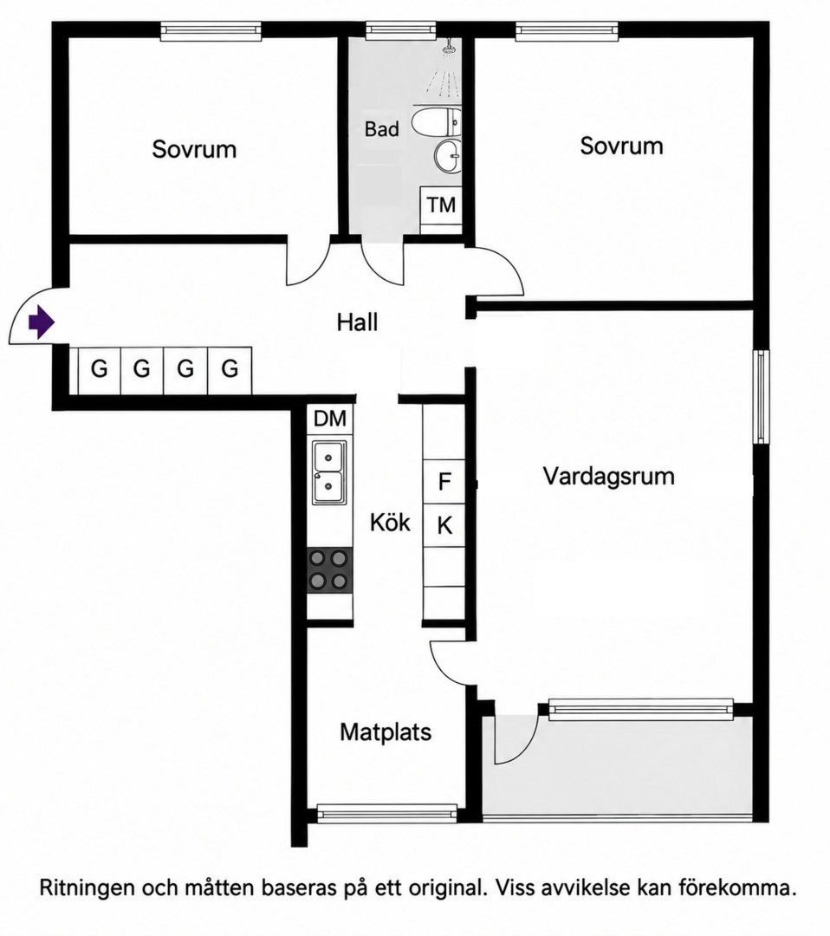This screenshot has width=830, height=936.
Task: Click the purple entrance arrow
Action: click(x=42, y=322)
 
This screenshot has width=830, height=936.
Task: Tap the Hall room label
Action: click(x=358, y=322)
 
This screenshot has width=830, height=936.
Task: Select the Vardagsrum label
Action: click(x=608, y=477)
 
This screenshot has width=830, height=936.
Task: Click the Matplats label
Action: click(x=386, y=731)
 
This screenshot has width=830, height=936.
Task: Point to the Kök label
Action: click(x=390, y=523)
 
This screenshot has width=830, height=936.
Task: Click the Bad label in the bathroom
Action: click(x=382, y=129)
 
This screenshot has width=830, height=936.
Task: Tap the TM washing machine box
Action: click(x=441, y=205)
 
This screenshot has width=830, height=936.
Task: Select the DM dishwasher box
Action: click(x=330, y=419)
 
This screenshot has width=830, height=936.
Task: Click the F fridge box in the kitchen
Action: click(x=444, y=481)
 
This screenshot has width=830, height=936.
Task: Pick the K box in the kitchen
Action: click(x=444, y=526)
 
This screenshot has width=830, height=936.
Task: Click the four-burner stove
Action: click(x=329, y=570)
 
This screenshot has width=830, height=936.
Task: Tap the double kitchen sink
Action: click(x=329, y=473)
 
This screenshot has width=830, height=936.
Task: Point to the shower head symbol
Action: click(x=450, y=48)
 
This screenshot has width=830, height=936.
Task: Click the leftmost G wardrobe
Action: click(x=99, y=370)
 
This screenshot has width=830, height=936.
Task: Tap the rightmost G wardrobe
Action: click(x=230, y=370)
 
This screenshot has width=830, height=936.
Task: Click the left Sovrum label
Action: click(x=195, y=149)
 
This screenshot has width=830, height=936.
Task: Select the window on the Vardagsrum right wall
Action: click(x=761, y=397)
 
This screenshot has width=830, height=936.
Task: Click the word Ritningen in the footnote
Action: click(x=87, y=888)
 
